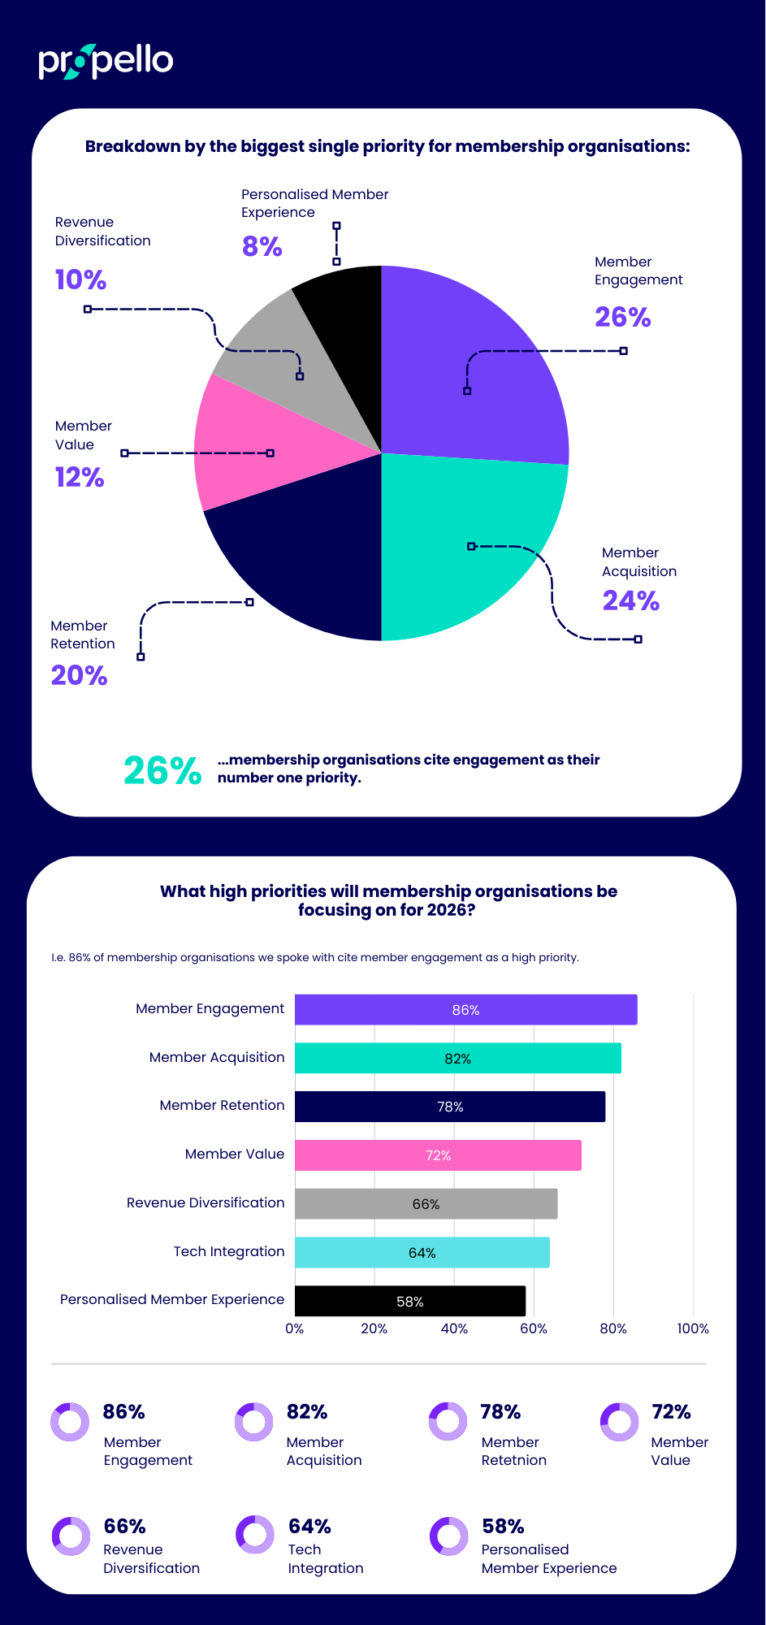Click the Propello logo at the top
[x=106, y=62]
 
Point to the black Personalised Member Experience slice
[x=345, y=325]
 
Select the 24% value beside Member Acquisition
[x=630, y=600]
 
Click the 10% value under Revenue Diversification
[x=80, y=279]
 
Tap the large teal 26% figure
[x=162, y=770]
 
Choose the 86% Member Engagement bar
[x=465, y=1010]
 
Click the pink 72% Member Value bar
[x=438, y=1155]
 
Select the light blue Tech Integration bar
[x=422, y=1253]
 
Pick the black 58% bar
[x=409, y=1302]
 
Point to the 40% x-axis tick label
[x=454, y=1328]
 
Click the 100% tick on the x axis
[x=693, y=1328]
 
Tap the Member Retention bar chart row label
[x=222, y=1105]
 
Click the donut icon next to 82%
[x=254, y=1422]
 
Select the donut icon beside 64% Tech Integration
[x=255, y=1534]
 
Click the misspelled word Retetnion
[x=513, y=1460]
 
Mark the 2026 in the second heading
[x=447, y=910]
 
